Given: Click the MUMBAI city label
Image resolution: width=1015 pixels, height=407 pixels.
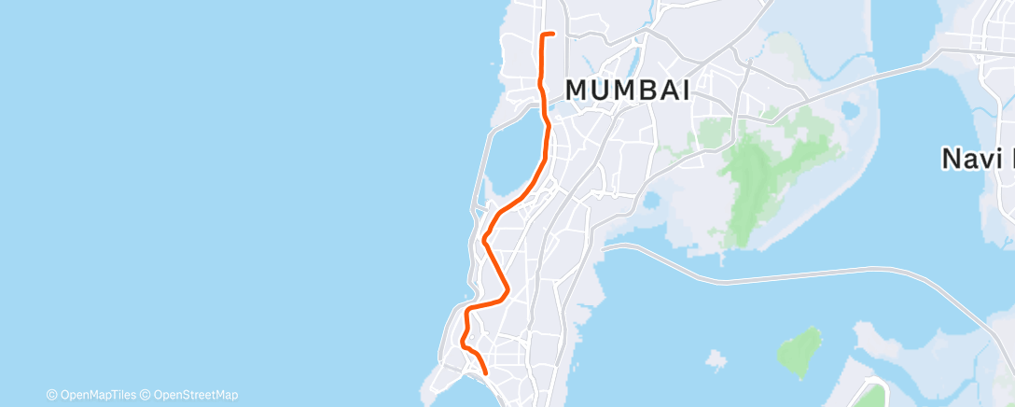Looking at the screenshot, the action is pos(628,91).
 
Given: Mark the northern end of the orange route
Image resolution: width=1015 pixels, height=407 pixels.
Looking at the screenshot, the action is pos(554,34).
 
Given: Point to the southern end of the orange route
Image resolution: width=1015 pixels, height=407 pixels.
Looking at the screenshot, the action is pos(486,373).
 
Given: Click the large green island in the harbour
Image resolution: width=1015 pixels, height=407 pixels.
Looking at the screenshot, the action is pos(799,351).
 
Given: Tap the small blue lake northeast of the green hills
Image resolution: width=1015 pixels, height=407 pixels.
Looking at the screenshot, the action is pos(849,110).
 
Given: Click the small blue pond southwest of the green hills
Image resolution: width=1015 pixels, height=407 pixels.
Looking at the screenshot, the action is pos(651,200).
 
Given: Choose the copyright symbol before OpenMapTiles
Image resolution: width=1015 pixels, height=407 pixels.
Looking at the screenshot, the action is pos(51,395).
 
